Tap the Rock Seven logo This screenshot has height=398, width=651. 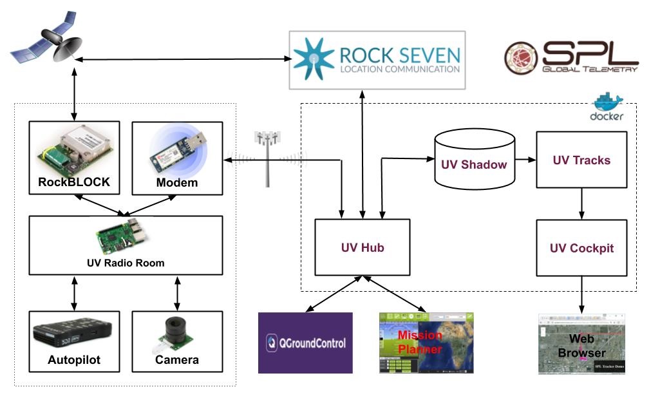(x=377, y=60)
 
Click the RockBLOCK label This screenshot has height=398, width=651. (x=75, y=182)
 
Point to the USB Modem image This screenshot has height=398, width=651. (x=178, y=152)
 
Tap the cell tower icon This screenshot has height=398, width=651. (x=267, y=158)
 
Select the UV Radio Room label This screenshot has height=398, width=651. (x=126, y=263)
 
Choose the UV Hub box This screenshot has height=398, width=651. (x=362, y=247)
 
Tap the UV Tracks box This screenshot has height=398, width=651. (x=581, y=160)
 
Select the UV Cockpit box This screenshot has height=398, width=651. (x=581, y=248)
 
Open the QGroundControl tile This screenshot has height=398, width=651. (x=305, y=343)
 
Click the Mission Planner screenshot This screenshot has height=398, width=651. (x=426, y=343)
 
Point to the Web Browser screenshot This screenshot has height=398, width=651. (x=581, y=345)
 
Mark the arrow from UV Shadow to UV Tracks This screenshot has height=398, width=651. (x=525, y=160)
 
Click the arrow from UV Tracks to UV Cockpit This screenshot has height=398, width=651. (x=581, y=204)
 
